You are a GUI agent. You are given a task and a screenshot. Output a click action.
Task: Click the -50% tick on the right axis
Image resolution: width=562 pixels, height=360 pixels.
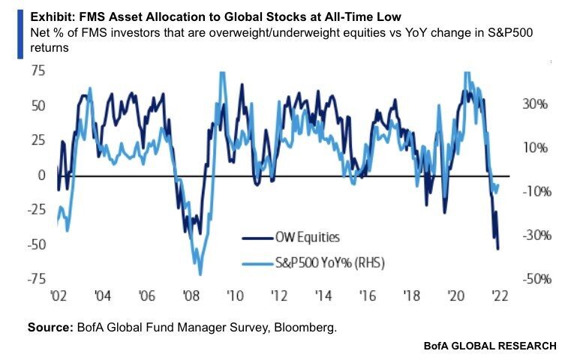point(534,279)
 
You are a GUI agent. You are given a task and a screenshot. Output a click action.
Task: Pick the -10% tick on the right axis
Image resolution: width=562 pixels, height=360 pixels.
point(534,191)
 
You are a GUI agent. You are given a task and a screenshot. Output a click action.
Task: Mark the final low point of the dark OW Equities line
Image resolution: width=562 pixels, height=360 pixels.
point(497,248)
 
